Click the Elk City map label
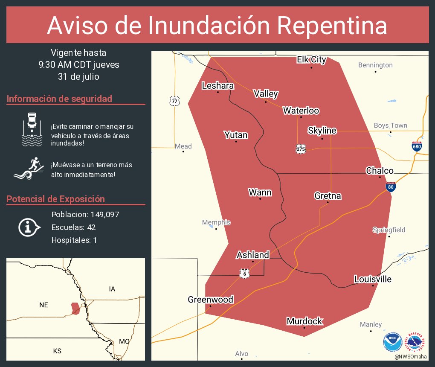311,59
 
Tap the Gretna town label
328,196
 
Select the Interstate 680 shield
417,146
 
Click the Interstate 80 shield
391,186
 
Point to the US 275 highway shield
301,149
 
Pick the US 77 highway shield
174,101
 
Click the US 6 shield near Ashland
244,274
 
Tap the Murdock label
304,321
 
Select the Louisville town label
373,279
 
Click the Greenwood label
210,300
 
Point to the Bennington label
375,65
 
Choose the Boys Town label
390,125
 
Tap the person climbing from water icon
29,169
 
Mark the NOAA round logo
393,342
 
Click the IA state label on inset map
112,289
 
